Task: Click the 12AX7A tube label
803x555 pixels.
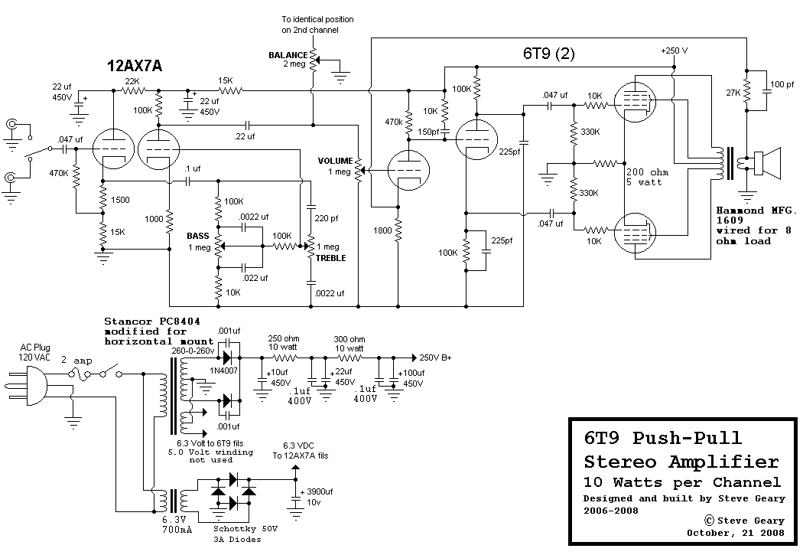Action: tap(135, 66)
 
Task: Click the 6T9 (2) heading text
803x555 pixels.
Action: tap(549, 54)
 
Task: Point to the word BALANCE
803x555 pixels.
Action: tap(288, 55)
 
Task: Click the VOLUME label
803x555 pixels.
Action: tap(335, 161)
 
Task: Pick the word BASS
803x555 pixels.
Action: tap(198, 236)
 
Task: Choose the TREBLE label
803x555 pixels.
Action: tap(331, 258)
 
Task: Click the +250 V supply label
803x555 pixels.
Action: tap(674, 51)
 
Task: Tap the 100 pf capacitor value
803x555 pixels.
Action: tap(781, 83)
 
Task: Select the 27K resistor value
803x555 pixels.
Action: tap(732, 93)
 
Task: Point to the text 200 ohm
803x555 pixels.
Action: tap(647, 172)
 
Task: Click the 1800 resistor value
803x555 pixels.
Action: tap(384, 230)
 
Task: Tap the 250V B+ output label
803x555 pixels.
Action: tap(436, 357)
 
